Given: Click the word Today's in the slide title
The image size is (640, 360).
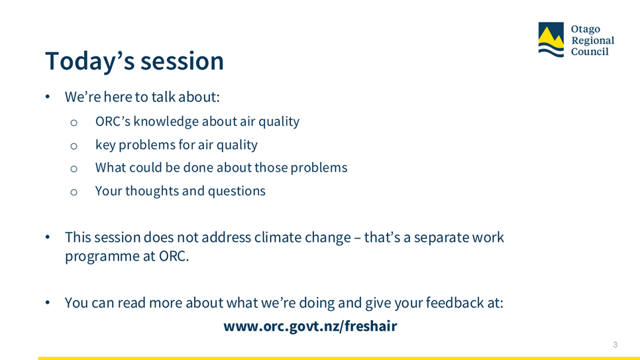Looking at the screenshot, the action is pos(90,61).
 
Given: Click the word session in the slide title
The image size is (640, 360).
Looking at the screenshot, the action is pos(182,61).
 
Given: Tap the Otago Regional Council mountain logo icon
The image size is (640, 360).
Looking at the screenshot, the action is pos(551,40).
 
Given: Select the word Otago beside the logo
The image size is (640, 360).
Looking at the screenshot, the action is pos(585,29).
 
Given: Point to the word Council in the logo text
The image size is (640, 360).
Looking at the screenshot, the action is pos(590,52).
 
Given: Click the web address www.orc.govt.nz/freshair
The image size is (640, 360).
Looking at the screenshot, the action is pos(310,326).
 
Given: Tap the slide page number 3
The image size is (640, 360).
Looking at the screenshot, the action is pos(615,345).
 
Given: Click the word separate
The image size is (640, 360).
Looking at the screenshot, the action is pos(441,238).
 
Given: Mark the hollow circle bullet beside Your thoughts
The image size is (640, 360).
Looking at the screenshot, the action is pos(74,192).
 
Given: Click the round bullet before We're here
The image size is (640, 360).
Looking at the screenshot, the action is pos(48,97).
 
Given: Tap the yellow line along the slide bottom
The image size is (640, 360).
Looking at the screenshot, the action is pos(339,359).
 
